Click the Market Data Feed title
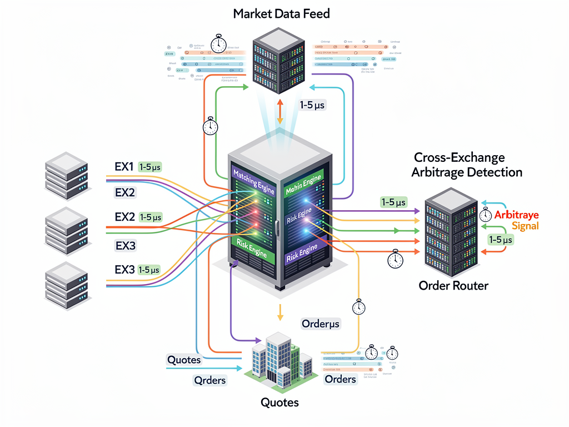[x=281, y=13]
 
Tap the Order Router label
[x=453, y=286]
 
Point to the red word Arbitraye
[x=516, y=215]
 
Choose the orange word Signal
[x=525, y=226]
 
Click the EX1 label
[x=124, y=166]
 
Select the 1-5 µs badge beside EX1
[x=150, y=166]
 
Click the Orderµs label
[x=320, y=324]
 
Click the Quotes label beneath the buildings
[x=279, y=402]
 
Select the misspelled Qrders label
[x=209, y=380]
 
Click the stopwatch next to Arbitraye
[x=485, y=215]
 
